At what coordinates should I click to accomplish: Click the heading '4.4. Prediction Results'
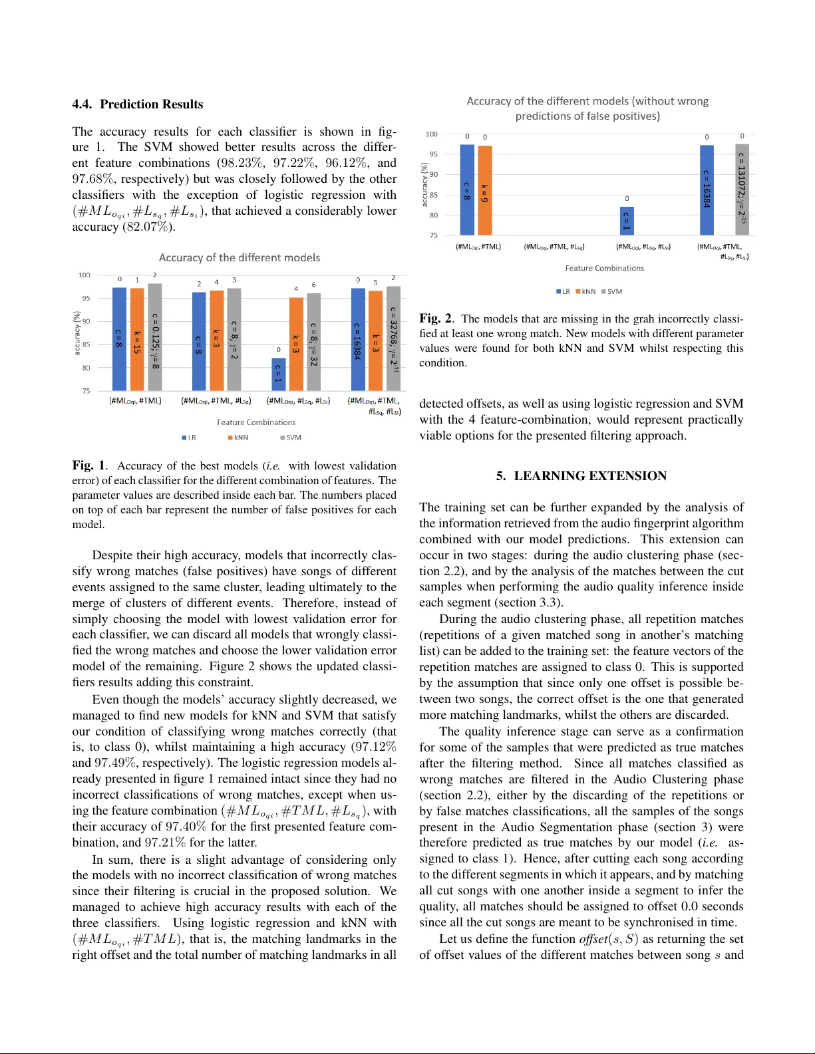138,104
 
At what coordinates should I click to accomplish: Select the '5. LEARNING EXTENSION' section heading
581,475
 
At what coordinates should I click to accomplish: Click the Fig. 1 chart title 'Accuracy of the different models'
240,257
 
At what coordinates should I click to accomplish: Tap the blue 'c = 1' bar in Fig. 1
279,374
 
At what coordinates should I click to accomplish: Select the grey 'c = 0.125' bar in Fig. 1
154,337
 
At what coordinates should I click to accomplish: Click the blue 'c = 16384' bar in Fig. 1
358,339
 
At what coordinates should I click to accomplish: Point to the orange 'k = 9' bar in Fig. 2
484,191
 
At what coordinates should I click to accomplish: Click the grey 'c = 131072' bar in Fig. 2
742,190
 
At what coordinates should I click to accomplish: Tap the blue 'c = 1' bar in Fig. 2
626,221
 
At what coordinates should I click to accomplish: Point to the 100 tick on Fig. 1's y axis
84,275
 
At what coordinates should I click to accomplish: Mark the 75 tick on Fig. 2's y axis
434,235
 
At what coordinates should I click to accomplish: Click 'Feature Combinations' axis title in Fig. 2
604,268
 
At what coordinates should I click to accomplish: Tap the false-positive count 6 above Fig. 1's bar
313,285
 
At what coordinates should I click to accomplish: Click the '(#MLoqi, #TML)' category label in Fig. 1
136,400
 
